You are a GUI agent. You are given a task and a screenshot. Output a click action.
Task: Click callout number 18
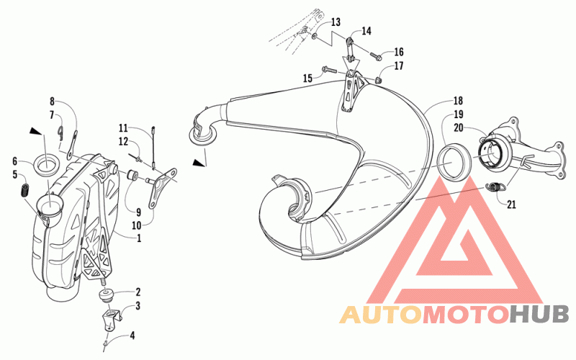458,101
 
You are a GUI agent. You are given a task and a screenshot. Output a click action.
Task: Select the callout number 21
511,204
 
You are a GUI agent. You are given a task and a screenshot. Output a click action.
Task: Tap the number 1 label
139,238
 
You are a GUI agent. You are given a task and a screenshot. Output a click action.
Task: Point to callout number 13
336,22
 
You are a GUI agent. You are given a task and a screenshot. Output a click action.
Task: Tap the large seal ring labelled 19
454,161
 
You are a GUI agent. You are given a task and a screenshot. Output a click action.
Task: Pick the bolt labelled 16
376,56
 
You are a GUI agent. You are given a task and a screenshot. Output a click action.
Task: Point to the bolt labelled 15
329,69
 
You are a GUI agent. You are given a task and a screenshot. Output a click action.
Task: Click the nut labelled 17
379,79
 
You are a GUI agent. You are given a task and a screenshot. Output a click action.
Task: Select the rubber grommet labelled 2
106,295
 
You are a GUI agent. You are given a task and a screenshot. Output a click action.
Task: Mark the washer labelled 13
315,35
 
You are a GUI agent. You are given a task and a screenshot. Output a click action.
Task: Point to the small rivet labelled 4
106,343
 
